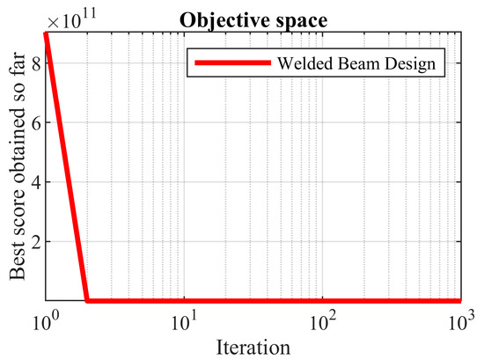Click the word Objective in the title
pos(227,18)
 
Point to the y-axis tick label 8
pos(33,64)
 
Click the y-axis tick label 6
pos(33,123)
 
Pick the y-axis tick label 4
pos(33,182)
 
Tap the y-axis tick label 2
pos(33,241)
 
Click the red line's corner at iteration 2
pos(86,301)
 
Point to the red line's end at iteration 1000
pos(460,301)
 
